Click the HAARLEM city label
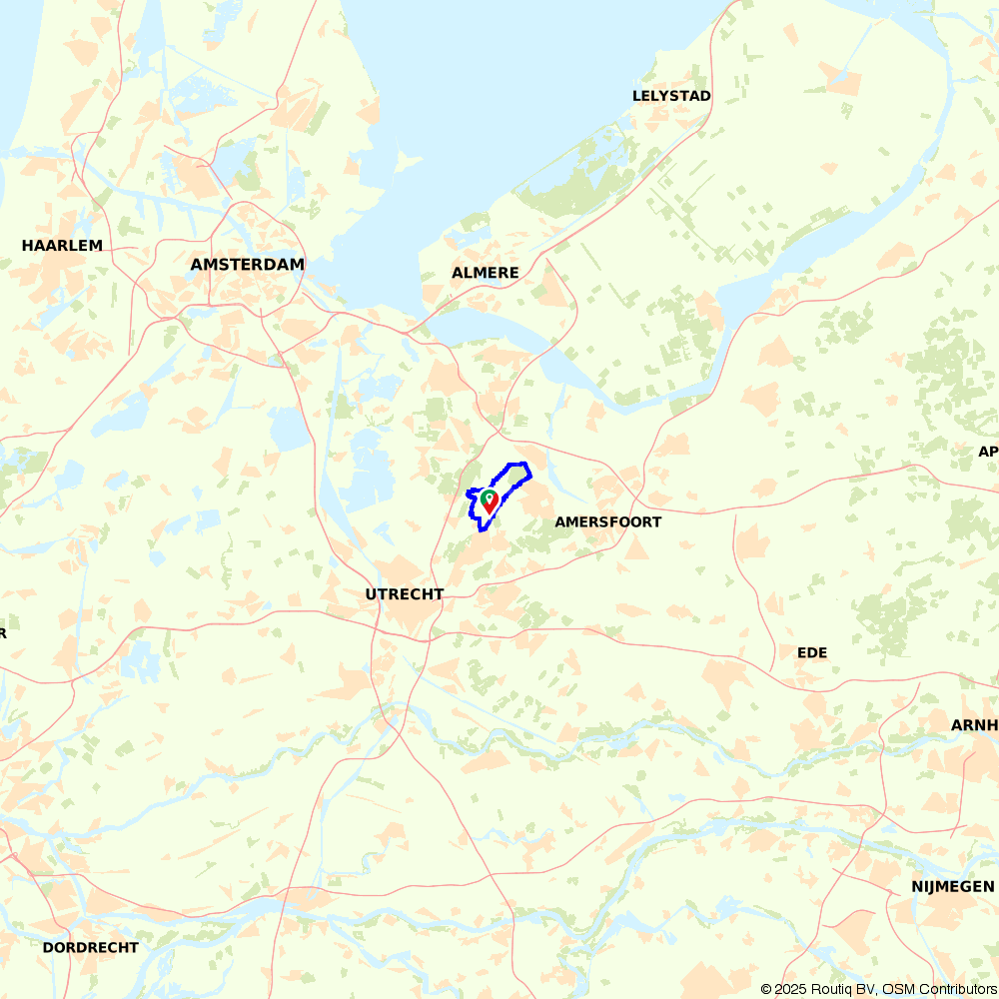point(62,245)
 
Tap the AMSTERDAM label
point(247,265)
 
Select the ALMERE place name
point(486,273)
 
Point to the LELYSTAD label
point(671,96)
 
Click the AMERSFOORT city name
point(608,521)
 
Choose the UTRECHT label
point(405,594)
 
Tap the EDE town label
point(812,652)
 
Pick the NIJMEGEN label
point(953,886)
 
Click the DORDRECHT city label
point(91,947)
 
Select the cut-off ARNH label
point(975,724)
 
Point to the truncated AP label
point(989,451)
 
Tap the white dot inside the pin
point(489,497)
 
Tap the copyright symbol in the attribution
point(766,989)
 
